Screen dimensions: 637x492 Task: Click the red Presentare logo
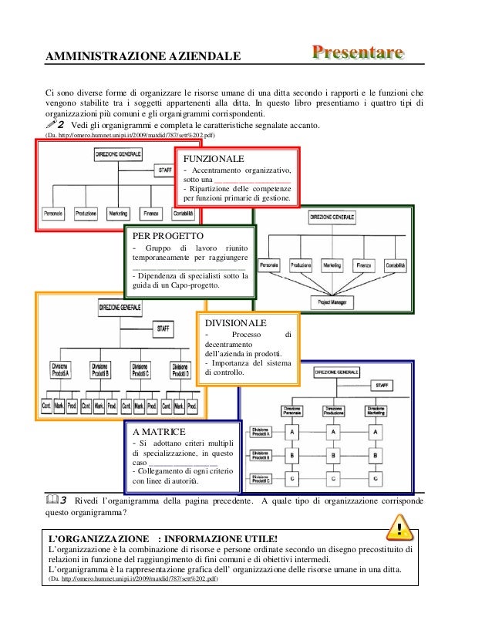(x=357, y=52)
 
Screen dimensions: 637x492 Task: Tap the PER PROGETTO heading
(x=168, y=235)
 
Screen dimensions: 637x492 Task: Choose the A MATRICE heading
(x=160, y=432)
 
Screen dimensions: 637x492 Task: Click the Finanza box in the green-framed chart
(x=364, y=265)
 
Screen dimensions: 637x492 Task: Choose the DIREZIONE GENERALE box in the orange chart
(x=120, y=308)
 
